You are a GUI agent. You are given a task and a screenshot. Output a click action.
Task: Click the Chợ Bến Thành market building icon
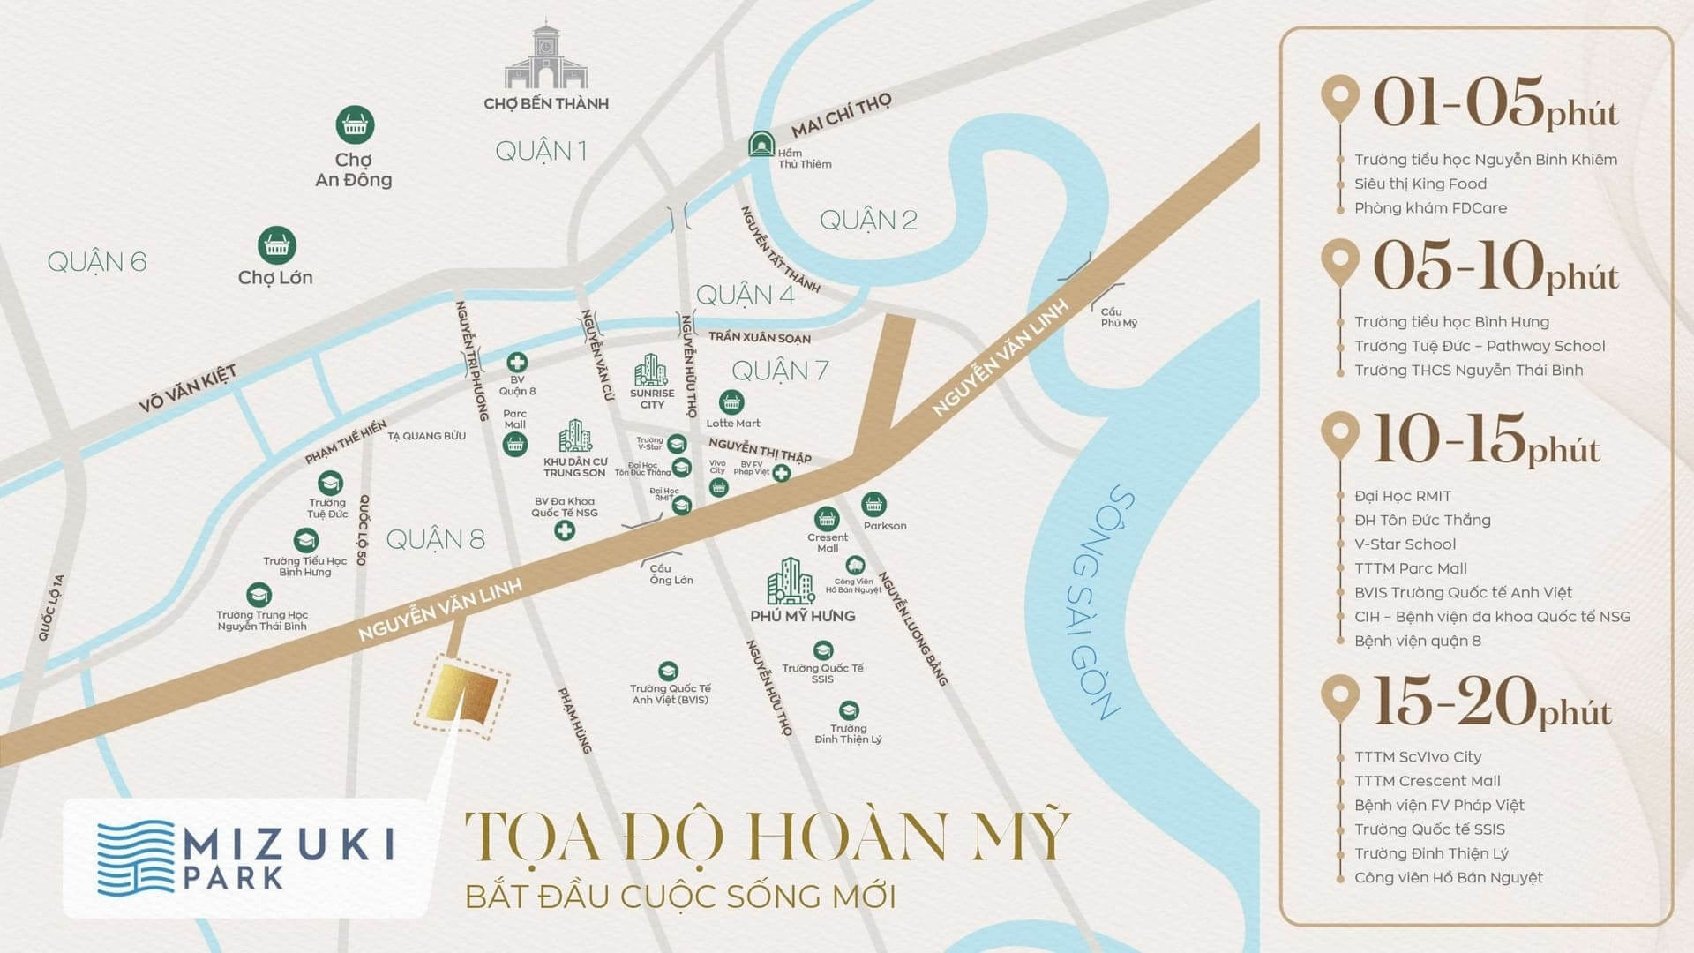pos(544,56)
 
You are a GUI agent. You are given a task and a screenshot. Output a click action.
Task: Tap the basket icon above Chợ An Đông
pos(355,126)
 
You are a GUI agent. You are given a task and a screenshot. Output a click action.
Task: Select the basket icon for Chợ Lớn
pos(276,246)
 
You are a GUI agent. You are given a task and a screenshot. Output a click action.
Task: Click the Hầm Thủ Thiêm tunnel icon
pos(760,144)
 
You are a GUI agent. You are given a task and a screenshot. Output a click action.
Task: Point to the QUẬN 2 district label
pos(868,220)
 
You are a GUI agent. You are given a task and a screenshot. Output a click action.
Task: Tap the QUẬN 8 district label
pos(435,539)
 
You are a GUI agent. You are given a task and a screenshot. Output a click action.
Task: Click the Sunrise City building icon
pos(651,370)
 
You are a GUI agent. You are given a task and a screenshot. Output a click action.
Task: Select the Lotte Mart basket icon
pos(731,403)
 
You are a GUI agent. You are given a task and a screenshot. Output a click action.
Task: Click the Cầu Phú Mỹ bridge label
pos(1119,317)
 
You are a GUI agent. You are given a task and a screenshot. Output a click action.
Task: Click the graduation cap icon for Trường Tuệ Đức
pos(330,483)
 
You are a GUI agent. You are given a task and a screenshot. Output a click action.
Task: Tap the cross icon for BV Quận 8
pos(517,363)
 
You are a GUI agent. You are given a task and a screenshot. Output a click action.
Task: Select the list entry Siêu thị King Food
pos(1420,184)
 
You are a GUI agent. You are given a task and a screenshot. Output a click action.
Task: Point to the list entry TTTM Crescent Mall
pos(1427,781)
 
